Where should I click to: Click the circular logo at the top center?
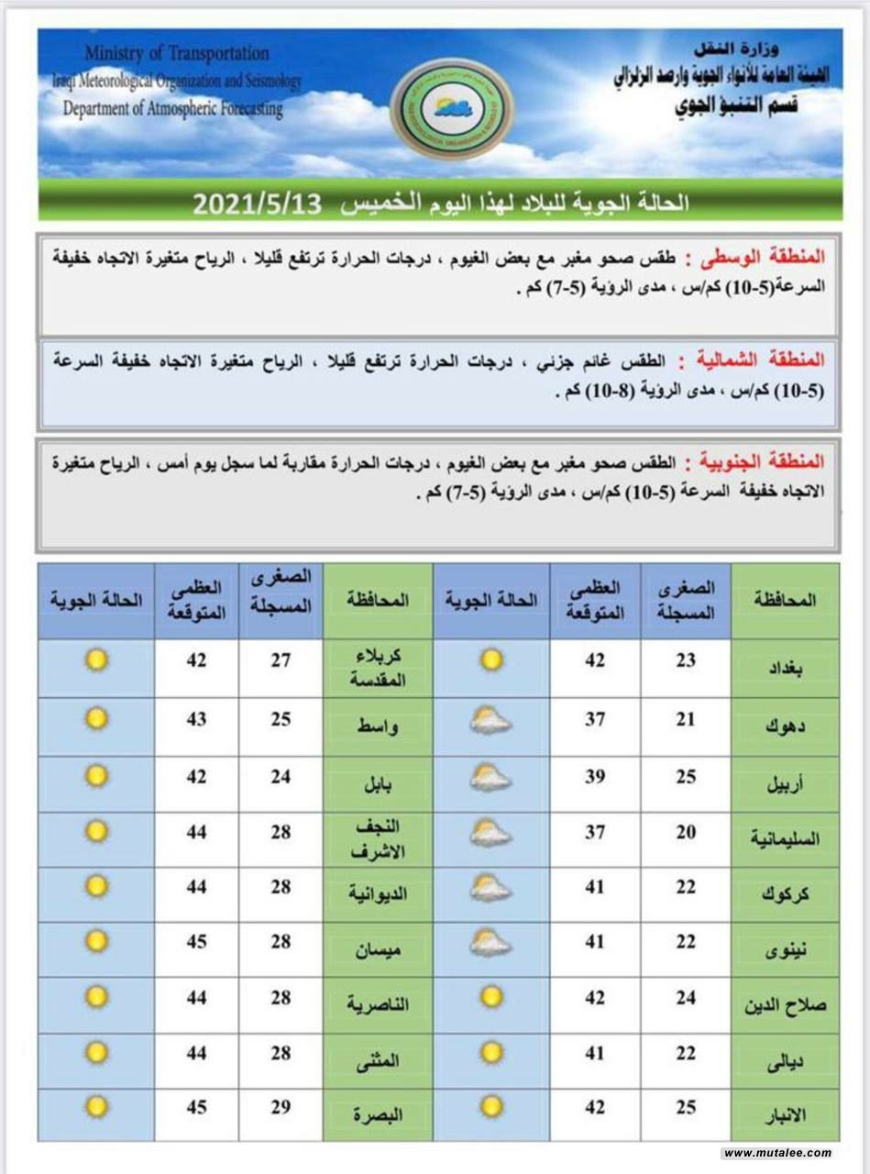[451, 109]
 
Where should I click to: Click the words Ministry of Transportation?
[177, 54]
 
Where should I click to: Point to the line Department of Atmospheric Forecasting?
[173, 108]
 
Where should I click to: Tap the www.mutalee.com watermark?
[776, 1153]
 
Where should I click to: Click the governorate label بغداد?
[784, 669]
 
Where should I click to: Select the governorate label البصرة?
[378, 1114]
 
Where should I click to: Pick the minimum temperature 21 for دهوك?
[686, 720]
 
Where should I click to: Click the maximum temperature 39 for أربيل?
[595, 777]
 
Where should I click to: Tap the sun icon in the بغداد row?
[491, 659]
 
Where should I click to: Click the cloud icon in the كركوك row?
[491, 888]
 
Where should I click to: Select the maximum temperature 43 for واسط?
[196, 720]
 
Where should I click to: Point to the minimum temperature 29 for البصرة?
[281, 1107]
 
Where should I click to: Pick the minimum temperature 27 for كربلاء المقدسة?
[281, 659]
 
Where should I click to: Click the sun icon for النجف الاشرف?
[96, 831]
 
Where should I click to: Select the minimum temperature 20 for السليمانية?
[686, 832]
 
